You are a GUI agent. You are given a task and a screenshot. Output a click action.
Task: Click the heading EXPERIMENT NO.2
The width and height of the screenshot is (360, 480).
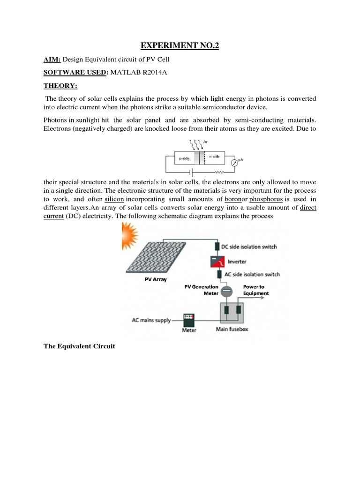(x=180, y=45)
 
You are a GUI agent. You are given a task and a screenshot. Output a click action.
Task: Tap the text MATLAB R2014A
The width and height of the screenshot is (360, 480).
(x=139, y=73)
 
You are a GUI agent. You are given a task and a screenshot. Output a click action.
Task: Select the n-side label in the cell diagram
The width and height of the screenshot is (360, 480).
(x=215, y=156)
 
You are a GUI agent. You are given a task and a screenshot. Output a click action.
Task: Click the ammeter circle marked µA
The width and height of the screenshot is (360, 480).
(x=234, y=163)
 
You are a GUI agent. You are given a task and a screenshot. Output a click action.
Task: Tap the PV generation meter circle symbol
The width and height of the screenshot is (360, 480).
(x=225, y=292)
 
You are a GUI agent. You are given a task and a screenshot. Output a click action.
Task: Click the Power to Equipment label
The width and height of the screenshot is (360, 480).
(x=256, y=290)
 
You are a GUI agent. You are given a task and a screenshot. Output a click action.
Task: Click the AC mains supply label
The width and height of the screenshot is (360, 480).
(x=149, y=321)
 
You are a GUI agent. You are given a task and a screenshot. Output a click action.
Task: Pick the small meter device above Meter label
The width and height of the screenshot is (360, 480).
(x=189, y=319)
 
